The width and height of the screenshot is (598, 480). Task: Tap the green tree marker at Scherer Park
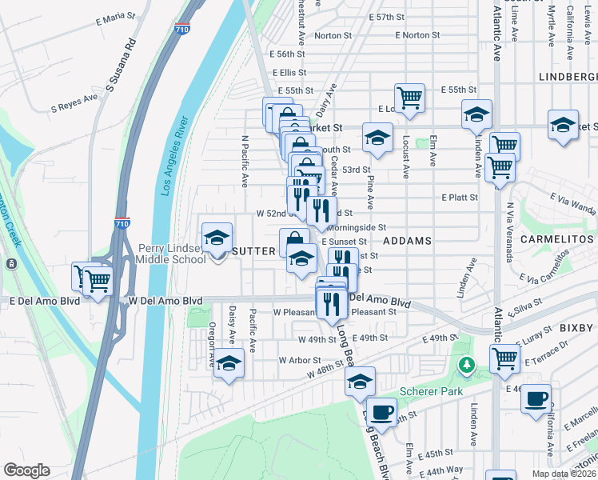[x=465, y=366]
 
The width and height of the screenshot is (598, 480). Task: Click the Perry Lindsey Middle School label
[x=171, y=254]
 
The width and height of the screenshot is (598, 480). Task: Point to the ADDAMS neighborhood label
[x=407, y=240]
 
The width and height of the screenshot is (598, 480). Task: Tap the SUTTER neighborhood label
[x=253, y=250]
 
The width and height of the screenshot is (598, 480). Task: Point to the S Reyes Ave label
[x=74, y=102]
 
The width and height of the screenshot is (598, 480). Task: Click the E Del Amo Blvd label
[x=45, y=302]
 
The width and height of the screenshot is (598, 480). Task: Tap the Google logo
[x=26, y=470]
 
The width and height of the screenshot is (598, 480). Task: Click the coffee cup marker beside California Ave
[x=536, y=397]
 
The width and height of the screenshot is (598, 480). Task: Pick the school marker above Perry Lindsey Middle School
[x=217, y=238]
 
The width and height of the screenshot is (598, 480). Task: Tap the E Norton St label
[x=417, y=35]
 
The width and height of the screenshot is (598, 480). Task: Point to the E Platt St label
[x=459, y=197]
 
